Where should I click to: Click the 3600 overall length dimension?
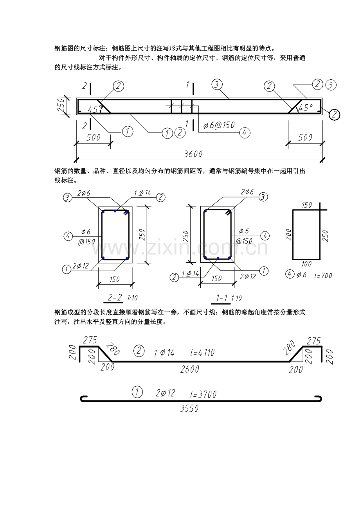(x=193, y=154)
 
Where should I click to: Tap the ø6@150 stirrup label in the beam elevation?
(x=219, y=125)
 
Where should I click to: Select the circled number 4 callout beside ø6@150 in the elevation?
(x=245, y=133)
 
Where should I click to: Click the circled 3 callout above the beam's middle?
(x=217, y=84)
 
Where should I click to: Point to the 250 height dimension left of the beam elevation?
(x=61, y=105)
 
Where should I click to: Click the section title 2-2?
(x=115, y=298)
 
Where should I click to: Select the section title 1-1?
(x=222, y=298)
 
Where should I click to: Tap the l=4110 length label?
(x=202, y=353)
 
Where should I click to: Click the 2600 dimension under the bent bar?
(x=190, y=369)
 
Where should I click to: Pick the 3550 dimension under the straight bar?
(x=189, y=409)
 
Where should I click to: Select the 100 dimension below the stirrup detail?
(x=306, y=264)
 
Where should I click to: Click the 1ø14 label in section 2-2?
(x=142, y=193)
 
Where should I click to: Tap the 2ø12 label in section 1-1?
(x=248, y=276)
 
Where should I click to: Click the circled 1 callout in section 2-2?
(x=67, y=269)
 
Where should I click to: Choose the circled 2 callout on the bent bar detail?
(x=139, y=350)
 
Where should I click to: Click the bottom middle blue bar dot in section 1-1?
(x=218, y=258)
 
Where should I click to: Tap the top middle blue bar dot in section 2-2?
(x=115, y=211)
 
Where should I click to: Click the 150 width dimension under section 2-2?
(x=114, y=279)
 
